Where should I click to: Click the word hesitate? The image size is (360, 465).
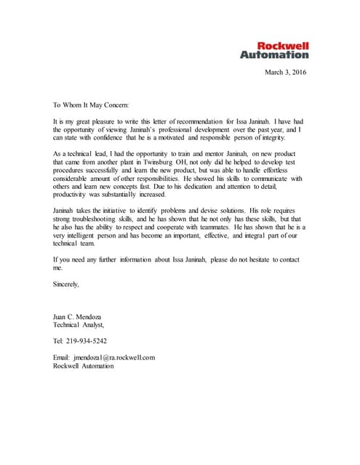click(256, 259)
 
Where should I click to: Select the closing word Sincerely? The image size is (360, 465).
click(66, 284)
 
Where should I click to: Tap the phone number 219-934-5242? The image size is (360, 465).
click(86, 340)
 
